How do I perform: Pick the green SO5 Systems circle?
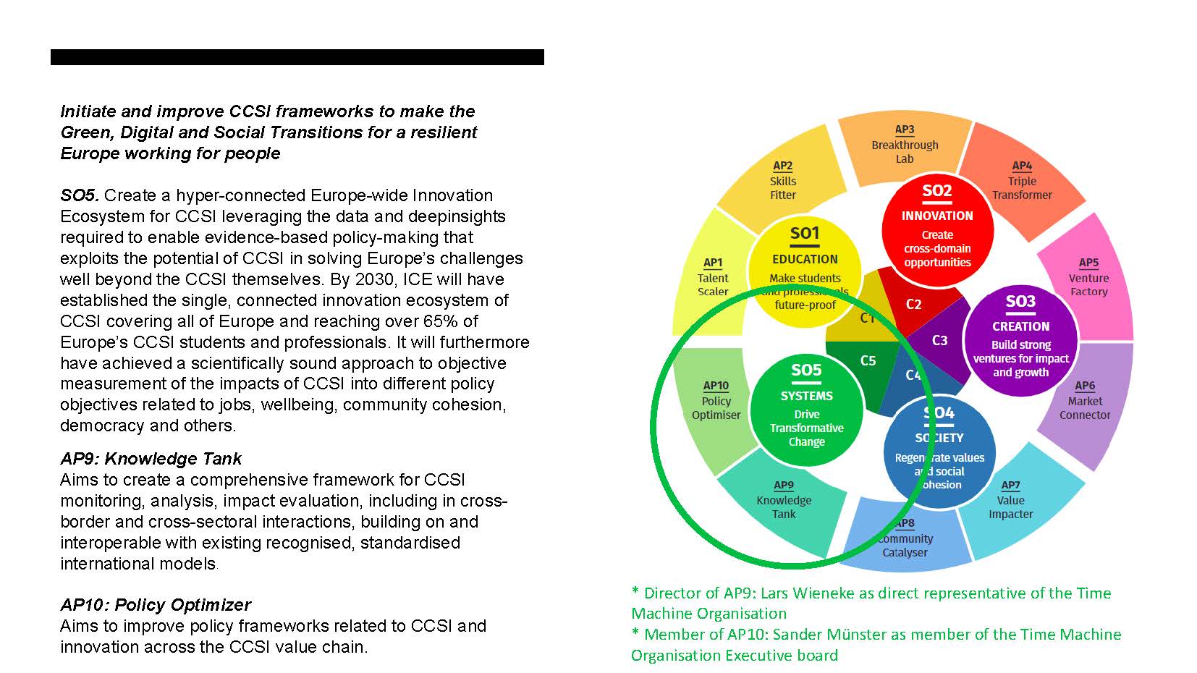[806, 409]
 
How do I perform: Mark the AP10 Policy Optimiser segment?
[715, 402]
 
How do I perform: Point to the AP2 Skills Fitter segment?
[782, 181]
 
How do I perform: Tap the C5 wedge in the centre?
[867, 362]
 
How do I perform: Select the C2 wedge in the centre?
[913, 304]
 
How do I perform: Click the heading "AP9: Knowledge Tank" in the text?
[151, 459]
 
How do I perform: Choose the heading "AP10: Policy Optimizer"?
[156, 605]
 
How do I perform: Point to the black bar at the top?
[297, 57]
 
